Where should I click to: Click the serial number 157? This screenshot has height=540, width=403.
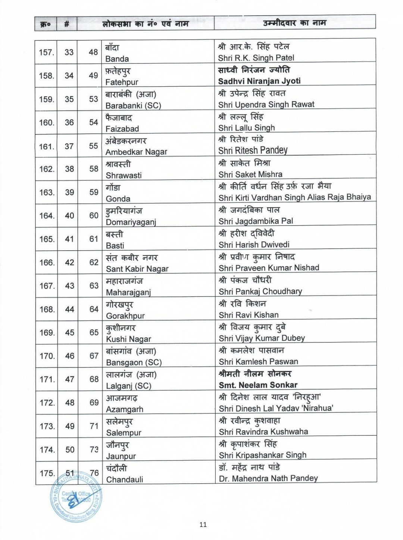tap(46, 52)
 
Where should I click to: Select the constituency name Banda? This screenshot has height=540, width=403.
tap(117, 59)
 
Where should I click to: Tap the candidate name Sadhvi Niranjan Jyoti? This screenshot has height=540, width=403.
tap(259, 81)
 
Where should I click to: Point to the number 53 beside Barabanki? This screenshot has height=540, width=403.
tap(93, 99)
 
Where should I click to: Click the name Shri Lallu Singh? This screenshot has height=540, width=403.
tap(247, 128)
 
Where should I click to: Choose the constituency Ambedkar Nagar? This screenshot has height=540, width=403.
tap(136, 152)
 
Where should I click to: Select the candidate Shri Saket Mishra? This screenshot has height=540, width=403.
tap(250, 174)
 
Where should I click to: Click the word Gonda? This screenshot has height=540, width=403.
tap(118, 199)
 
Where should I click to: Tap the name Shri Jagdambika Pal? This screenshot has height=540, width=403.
tap(256, 221)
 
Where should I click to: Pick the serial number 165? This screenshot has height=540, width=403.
tap(47, 239)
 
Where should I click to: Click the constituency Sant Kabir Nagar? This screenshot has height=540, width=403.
tap(137, 269)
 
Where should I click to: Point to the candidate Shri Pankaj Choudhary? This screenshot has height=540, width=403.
tap(260, 291)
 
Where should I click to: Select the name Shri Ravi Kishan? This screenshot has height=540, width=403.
tap(249, 315)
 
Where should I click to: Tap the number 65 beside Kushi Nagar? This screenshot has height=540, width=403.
tap(94, 332)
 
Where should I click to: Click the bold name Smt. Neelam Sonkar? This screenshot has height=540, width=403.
tap(258, 385)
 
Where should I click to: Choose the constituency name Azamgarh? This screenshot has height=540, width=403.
tap(125, 409)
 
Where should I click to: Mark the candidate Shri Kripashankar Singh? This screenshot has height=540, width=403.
tap(263, 455)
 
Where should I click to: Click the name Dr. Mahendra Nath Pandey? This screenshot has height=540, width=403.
tap(268, 478)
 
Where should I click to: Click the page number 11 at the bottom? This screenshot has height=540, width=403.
tap(203, 525)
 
